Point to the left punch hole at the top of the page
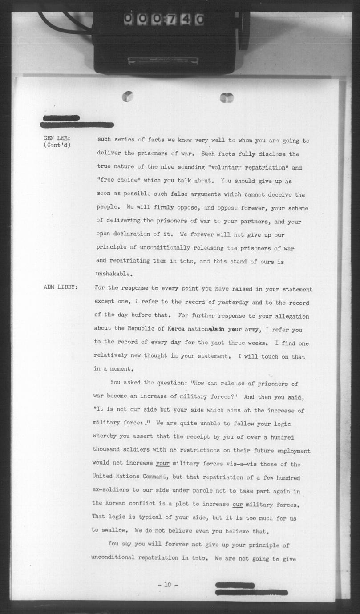(x=128, y=96)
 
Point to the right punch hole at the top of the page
(x=227, y=97)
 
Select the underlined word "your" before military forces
(x=162, y=463)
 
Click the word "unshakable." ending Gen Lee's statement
(x=114, y=274)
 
